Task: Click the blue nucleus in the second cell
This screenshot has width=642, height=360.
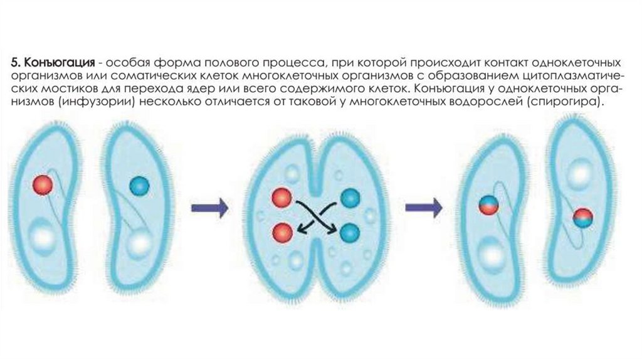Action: coord(140,186)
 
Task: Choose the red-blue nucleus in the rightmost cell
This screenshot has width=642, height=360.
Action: coord(582,217)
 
